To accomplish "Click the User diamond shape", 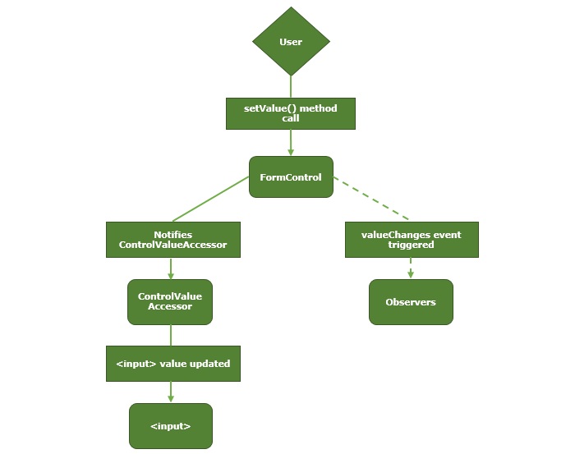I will pos(291,42).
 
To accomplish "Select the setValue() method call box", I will pos(291,113).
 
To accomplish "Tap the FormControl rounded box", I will pos(291,177).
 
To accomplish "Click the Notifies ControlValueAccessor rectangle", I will pos(173,240).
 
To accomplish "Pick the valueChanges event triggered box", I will pos(411,240).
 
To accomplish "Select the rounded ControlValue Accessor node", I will pos(170,301).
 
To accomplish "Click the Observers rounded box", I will pos(411,302).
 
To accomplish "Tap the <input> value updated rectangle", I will pos(173,364).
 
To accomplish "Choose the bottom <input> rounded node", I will pos(170,426).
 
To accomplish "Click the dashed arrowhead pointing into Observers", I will pos(411,274).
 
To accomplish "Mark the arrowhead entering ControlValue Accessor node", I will pos(170,275).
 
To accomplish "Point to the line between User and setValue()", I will pos(291,86).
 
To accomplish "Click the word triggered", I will pos(411,245).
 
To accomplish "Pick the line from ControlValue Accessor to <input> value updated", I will pos(170,335).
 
